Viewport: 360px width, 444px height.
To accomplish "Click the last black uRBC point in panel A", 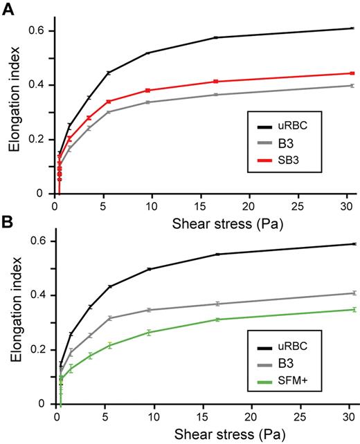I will click(x=352, y=28).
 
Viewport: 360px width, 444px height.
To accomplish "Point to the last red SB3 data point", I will click(x=352, y=73).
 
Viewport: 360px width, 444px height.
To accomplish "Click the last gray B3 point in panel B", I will click(x=352, y=293).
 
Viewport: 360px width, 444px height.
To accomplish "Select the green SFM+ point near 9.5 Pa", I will click(x=148, y=333).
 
